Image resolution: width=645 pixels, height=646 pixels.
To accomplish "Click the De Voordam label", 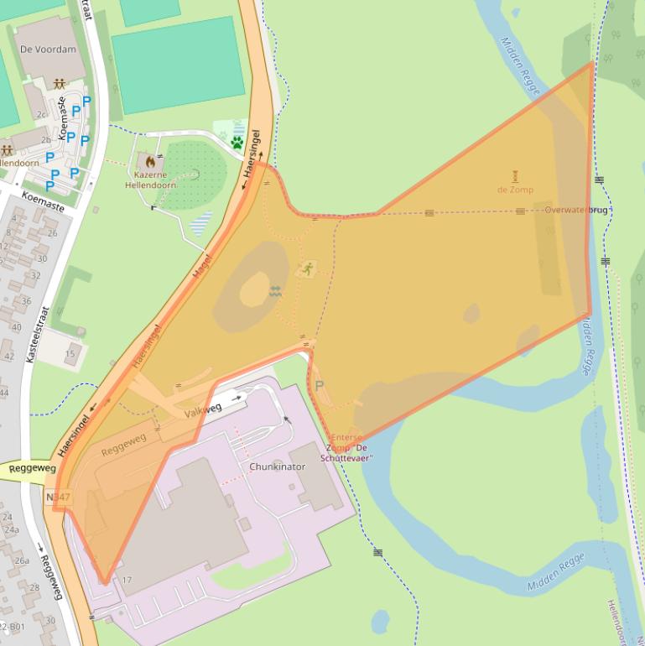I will coord(48,49).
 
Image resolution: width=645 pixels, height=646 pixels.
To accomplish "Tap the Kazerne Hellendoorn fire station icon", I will coord(150,160).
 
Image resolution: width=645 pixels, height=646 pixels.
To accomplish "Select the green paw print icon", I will coord(237,142).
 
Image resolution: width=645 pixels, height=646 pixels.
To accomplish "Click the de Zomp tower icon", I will coord(515,175).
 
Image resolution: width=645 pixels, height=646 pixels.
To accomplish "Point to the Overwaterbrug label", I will coord(576,210).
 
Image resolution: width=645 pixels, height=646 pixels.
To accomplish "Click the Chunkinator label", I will coord(278,466).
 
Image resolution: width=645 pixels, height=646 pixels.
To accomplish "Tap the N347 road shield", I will coord(58,498).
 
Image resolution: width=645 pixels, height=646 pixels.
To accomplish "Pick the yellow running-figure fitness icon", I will coord(307,269).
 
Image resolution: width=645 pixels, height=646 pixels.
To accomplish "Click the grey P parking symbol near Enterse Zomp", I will coord(319,386).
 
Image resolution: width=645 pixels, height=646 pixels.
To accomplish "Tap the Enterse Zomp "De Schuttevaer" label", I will coord(348,448).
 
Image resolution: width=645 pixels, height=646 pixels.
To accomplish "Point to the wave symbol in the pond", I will coord(275,292).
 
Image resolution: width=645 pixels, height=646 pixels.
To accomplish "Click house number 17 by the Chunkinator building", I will coord(127,580).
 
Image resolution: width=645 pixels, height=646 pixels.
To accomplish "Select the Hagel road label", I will coord(202,267).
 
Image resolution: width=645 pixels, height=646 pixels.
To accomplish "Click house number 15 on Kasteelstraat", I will coord(70,354).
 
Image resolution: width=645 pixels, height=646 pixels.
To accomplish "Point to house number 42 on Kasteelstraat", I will coord(9,356).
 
